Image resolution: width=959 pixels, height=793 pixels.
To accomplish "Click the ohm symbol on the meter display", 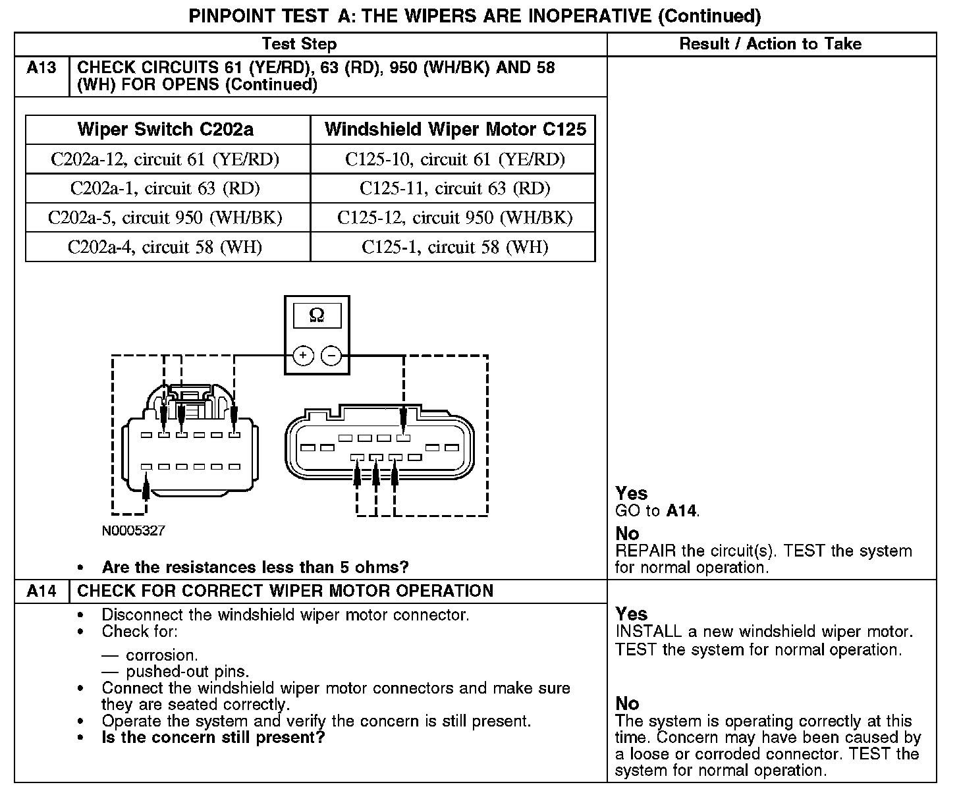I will tap(317, 316).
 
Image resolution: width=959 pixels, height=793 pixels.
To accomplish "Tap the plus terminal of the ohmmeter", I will tap(303, 356).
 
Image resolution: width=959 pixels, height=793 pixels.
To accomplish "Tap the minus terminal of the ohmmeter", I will tap(331, 356).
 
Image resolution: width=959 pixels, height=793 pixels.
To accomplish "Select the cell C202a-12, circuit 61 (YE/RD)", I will tap(165, 159).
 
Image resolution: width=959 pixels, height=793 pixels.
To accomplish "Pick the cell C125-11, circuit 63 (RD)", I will tap(454, 189).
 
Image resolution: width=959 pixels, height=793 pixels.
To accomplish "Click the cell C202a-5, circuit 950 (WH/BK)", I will tap(165, 218).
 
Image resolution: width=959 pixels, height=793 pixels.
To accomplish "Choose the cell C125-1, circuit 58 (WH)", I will tap(454, 247).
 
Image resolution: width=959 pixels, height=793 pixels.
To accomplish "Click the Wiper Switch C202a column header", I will tap(165, 129).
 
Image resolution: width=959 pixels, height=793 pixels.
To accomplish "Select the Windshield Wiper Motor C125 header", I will tap(455, 129).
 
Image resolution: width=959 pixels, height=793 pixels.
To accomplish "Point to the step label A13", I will tap(41, 68).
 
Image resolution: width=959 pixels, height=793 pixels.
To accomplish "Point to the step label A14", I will tap(41, 591).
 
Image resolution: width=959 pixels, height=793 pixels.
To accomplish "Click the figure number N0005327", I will tap(133, 530).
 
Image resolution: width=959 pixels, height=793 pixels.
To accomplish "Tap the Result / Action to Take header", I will tap(770, 44).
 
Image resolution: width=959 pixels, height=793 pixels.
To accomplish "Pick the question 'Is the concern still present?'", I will tap(213, 737).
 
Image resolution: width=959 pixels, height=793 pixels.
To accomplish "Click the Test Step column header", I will tap(299, 44).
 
